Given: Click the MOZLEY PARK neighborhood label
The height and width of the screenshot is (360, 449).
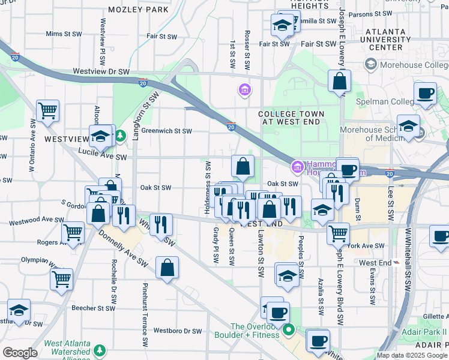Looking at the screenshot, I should pyautogui.click(x=139, y=10).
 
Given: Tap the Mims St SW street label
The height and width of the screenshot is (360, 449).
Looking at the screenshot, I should pyautogui.click(x=63, y=34).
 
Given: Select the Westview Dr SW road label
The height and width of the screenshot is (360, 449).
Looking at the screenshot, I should pyautogui.click(x=101, y=71).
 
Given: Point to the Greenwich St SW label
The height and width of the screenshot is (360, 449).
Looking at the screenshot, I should pyautogui.click(x=166, y=131).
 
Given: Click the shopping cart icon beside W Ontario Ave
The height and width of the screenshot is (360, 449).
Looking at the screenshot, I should pyautogui.click(x=47, y=111).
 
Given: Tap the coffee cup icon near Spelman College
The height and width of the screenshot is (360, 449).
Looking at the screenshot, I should pyautogui.click(x=425, y=94).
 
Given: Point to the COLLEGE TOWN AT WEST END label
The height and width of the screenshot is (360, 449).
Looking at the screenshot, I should pyautogui.click(x=291, y=118).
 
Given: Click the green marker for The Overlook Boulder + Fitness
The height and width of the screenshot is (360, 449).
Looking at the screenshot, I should pyautogui.click(x=289, y=329).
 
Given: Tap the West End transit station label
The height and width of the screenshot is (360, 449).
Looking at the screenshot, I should pyautogui.click(x=376, y=263).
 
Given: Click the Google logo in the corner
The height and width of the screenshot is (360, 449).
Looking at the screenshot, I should pyautogui.click(x=20, y=352).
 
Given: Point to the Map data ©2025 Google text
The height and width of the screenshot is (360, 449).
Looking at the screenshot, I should pyautogui.click(x=412, y=355).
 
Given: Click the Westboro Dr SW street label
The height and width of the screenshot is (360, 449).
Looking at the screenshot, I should pyautogui.click(x=178, y=331).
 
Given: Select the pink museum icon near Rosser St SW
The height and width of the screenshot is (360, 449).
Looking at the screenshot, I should pyautogui.click(x=244, y=91).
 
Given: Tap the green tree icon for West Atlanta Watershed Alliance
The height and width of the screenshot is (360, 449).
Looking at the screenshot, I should pyautogui.click(x=98, y=350).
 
